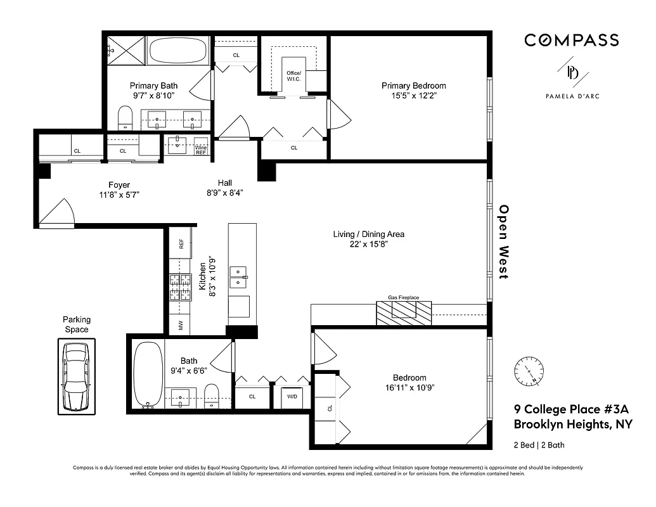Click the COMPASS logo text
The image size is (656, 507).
(571, 40)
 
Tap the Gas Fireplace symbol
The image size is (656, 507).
(404, 311)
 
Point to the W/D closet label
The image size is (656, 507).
(292, 397)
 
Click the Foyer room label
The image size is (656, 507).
(119, 185)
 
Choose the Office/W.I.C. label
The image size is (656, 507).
(294, 77)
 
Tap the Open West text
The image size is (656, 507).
(504, 241)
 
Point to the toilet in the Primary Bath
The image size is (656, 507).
(125, 118)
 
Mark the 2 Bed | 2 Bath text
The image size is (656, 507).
(539, 445)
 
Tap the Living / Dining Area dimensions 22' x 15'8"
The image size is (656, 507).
(368, 244)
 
